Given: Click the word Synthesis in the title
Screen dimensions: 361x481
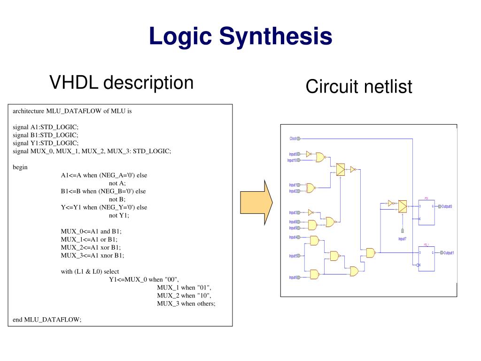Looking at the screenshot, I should [x=276, y=36].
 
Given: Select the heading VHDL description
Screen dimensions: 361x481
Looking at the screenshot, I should [x=122, y=83].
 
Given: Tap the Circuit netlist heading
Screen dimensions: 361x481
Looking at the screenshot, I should [x=359, y=86].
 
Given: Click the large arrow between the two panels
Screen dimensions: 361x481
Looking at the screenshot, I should [x=256, y=202].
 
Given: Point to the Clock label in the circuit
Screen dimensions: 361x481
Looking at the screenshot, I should [x=293, y=139].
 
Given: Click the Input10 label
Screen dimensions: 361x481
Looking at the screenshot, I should [x=292, y=160].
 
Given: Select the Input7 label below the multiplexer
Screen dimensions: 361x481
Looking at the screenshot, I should [x=402, y=239].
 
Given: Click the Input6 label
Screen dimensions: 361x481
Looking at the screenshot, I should [x=293, y=277].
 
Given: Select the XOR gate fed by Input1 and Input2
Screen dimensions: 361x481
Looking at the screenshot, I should [x=310, y=188].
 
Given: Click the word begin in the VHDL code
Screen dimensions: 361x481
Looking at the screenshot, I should [x=20, y=167].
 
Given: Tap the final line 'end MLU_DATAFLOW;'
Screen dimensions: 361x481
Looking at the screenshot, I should [x=47, y=319].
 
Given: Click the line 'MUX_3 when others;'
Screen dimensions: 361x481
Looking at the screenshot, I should [x=186, y=303].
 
